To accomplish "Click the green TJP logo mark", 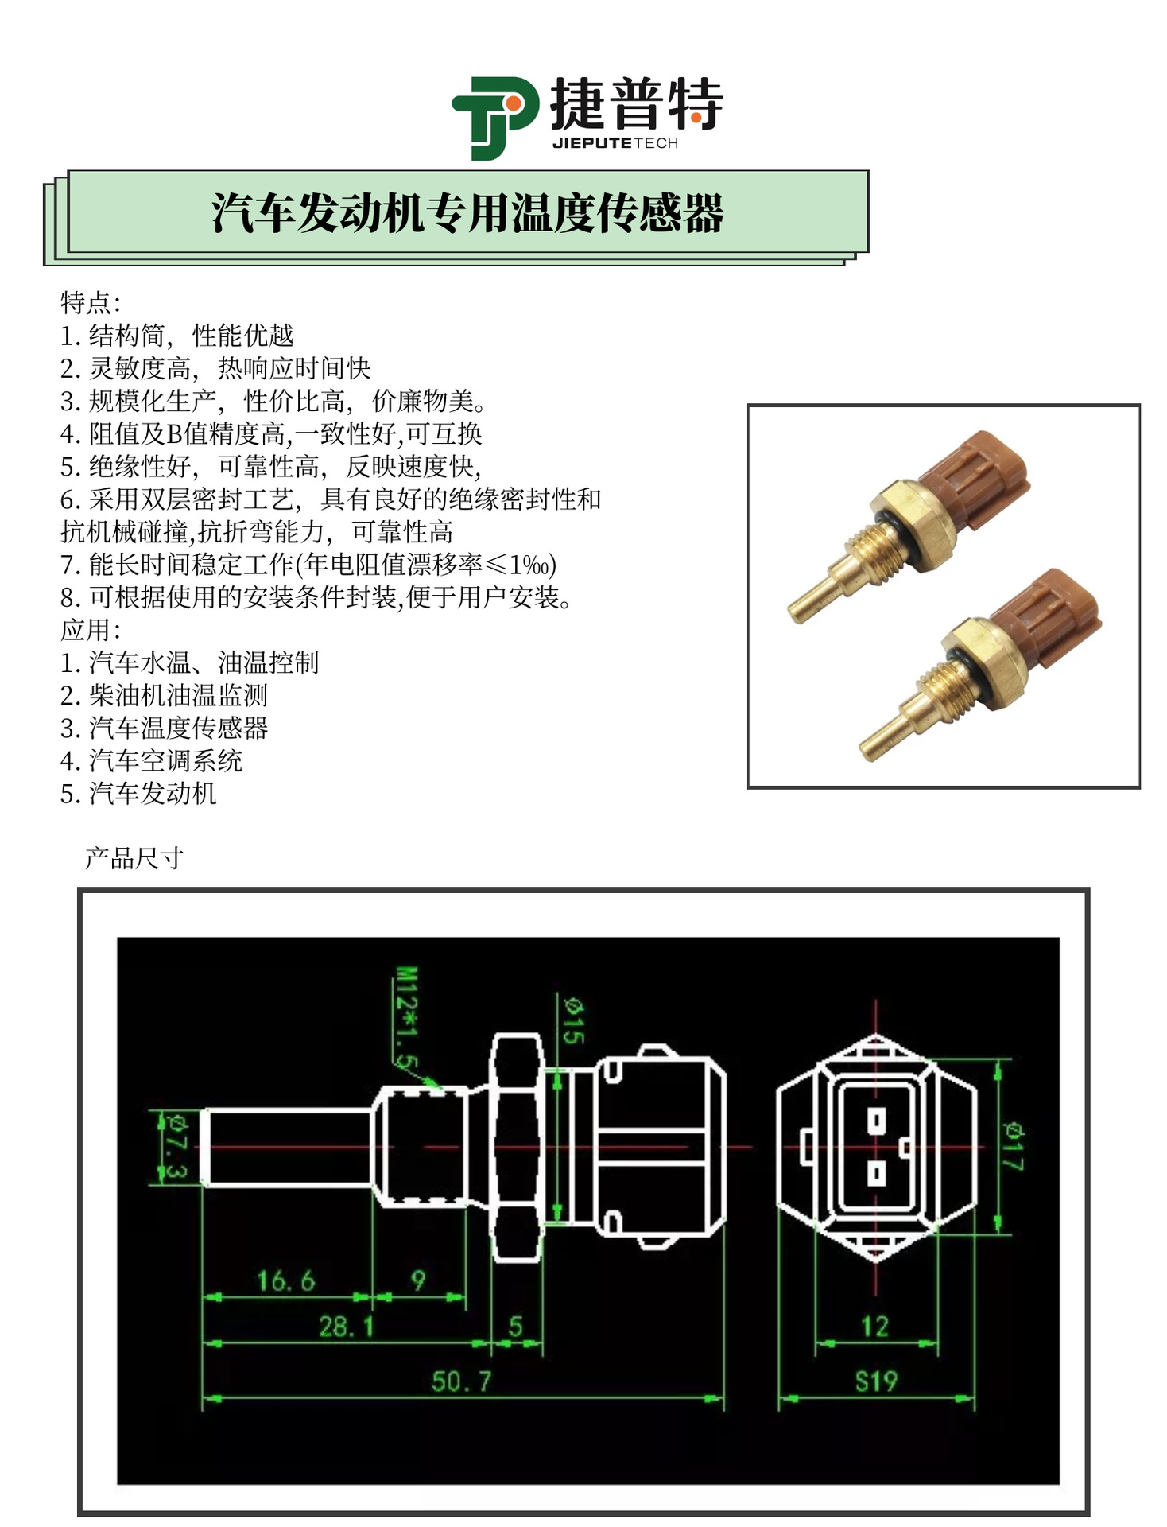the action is pos(494,118).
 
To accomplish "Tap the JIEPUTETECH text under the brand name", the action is pos(615,143).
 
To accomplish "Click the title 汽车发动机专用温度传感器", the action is pos(467,214).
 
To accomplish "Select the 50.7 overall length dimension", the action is pos(461,1381).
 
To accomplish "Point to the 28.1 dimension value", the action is pos(347,1326).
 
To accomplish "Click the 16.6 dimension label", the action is pos(286,1280).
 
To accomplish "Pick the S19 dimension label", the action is pos(875,1381).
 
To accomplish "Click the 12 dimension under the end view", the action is pos(874,1326).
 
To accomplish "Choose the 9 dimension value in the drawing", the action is pos(418,1280).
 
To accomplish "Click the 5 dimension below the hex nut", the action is pos(516,1326).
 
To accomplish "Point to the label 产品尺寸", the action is pos(134,858).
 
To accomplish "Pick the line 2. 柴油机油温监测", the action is pos(164,695).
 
